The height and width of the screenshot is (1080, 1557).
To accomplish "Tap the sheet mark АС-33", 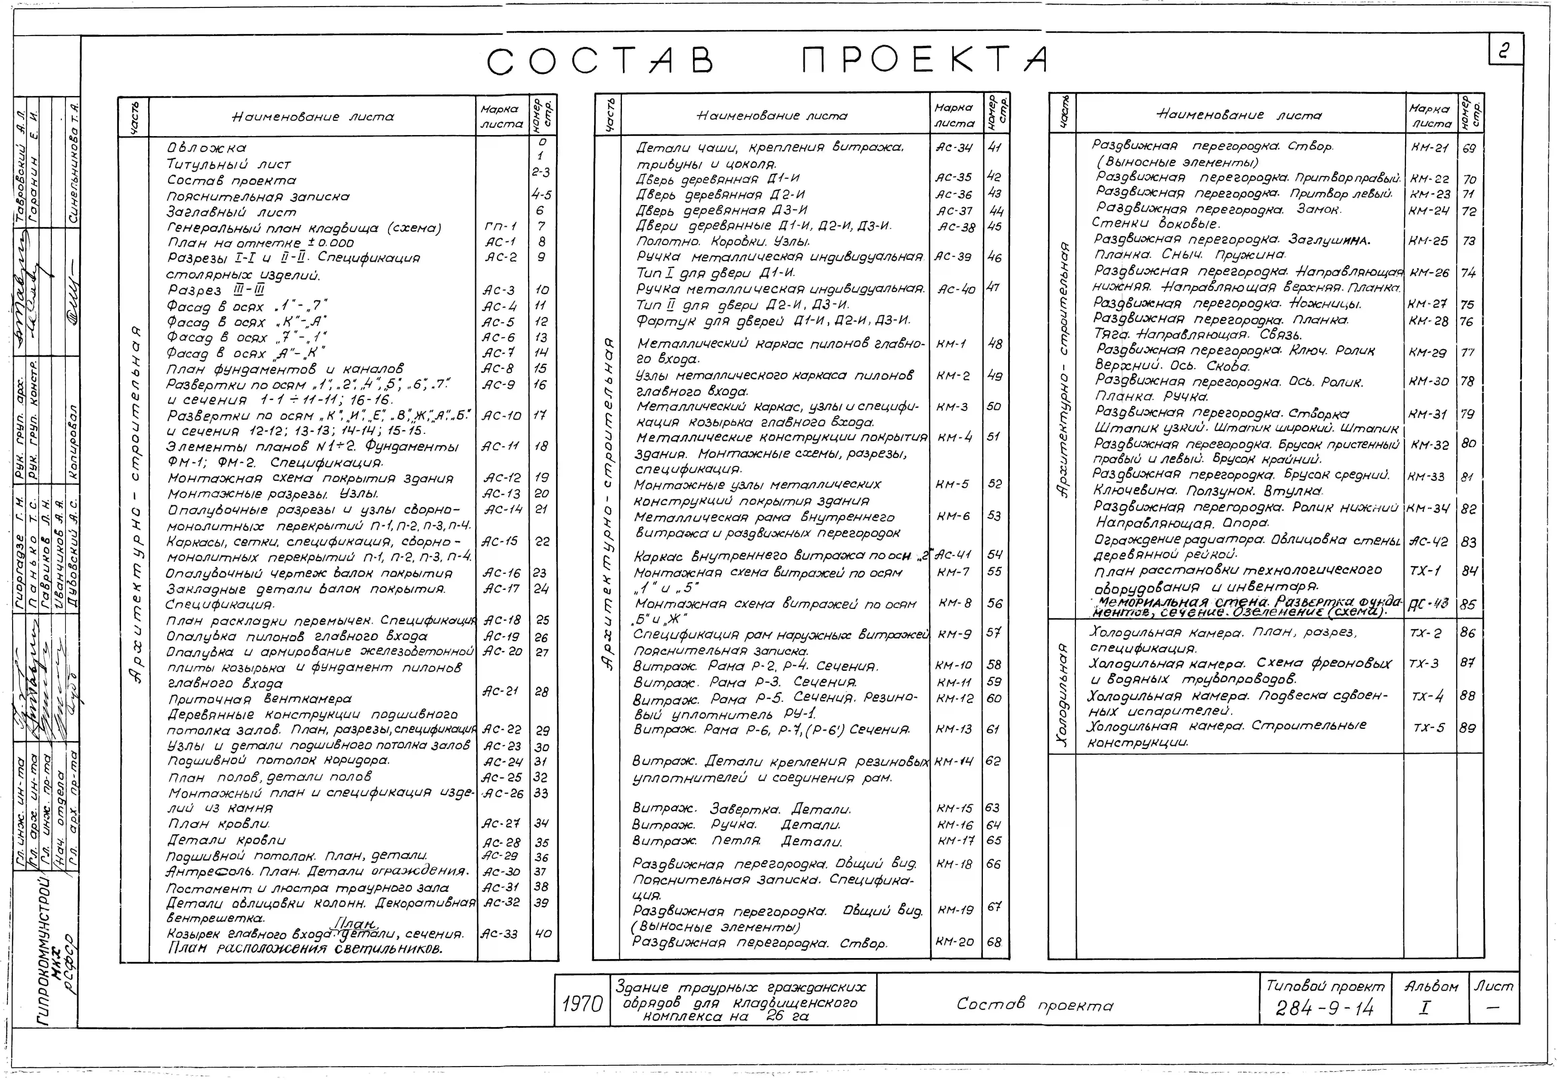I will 499,934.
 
